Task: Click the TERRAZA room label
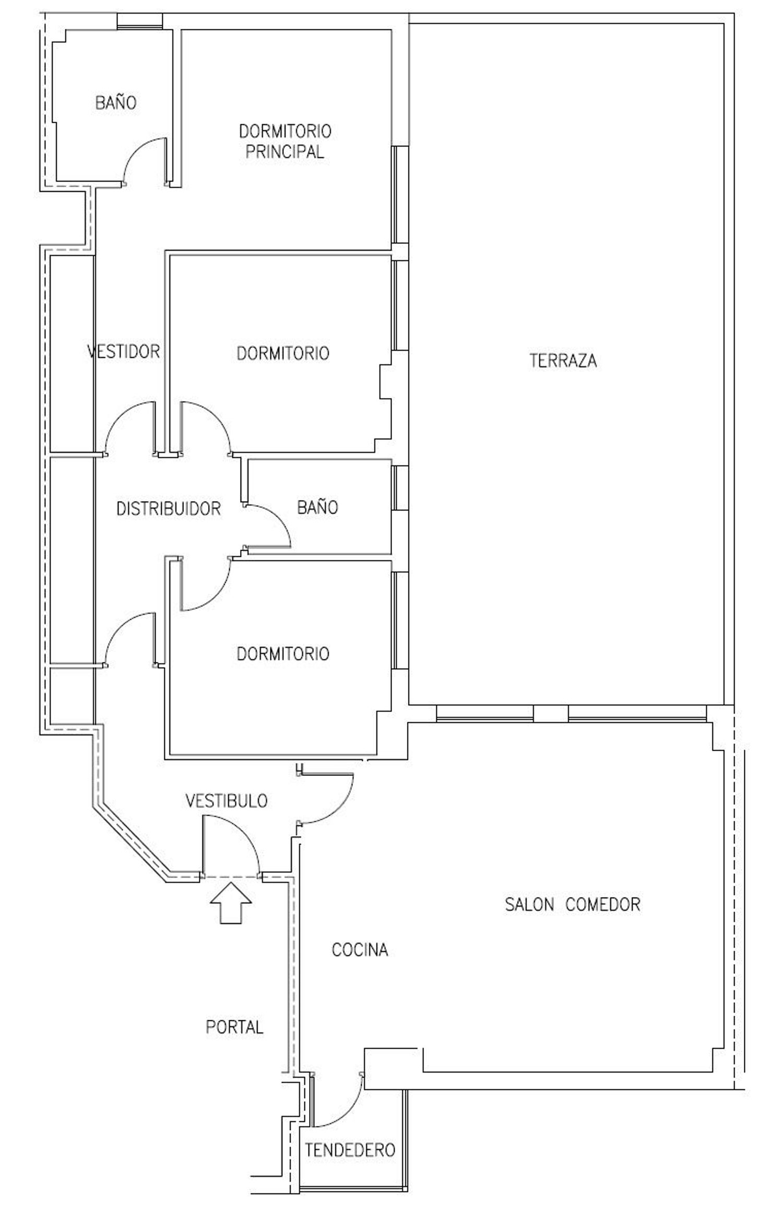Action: point(563,361)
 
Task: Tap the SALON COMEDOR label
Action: point(573,904)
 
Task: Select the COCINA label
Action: point(360,950)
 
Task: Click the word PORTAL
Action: point(234,1027)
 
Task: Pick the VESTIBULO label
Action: point(227,801)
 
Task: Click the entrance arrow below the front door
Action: point(231,904)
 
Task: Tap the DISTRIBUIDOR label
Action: point(169,508)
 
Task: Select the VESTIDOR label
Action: point(124,352)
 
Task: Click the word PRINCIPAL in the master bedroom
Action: point(285,152)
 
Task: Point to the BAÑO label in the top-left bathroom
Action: point(116,102)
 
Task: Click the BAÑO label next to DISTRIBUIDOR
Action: point(318,507)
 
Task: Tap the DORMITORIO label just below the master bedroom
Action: point(283,354)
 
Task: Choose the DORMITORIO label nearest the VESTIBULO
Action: point(283,654)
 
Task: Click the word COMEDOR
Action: point(603,904)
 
